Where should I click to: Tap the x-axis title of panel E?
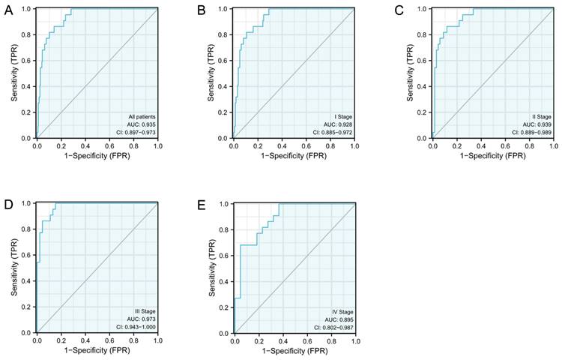tap(294, 351)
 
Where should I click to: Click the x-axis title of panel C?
tap(492, 157)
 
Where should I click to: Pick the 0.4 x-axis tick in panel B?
tap(281, 146)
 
